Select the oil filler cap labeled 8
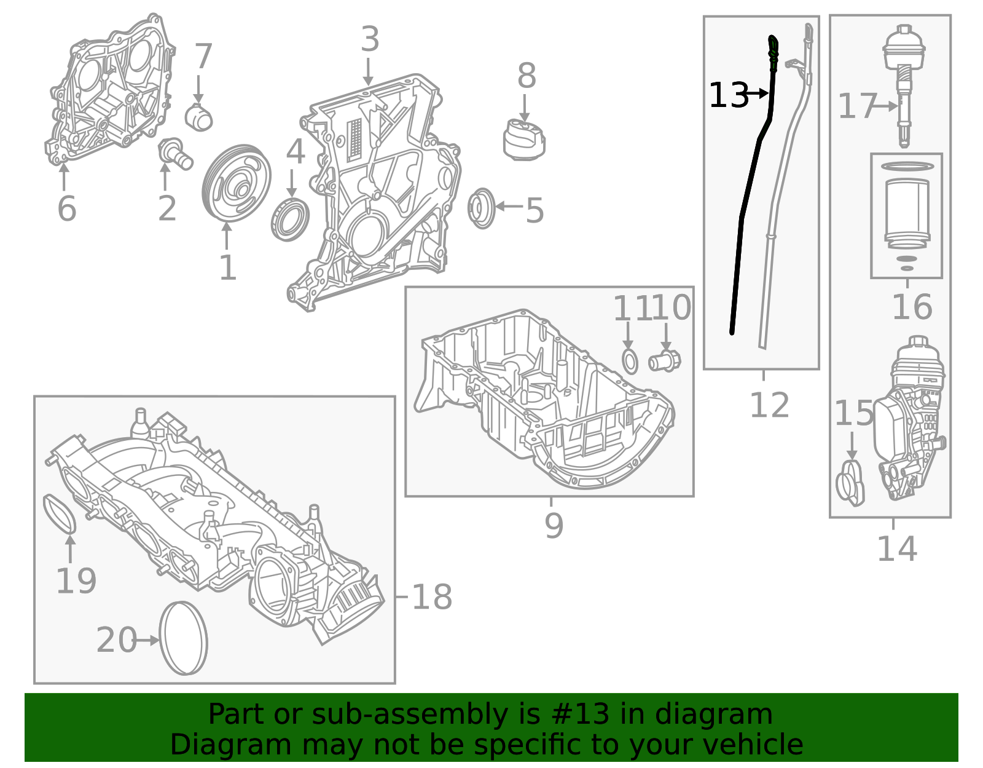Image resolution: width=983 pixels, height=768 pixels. [523, 141]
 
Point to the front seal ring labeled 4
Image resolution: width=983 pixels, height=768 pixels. [290, 218]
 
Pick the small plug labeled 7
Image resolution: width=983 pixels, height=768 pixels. [199, 117]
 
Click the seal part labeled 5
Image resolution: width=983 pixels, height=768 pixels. [481, 208]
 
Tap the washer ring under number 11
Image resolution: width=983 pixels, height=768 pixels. [630, 362]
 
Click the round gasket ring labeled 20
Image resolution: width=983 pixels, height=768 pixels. [184, 638]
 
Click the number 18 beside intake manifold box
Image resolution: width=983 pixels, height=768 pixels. [431, 596]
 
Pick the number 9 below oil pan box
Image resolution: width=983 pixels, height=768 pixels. [554, 526]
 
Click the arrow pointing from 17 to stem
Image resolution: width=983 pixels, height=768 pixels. [885, 106]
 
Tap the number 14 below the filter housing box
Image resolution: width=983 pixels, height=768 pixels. [896, 548]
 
